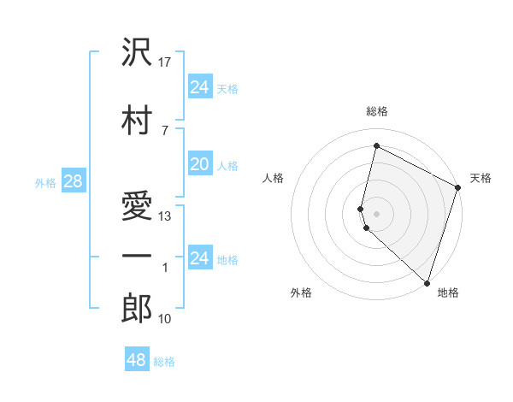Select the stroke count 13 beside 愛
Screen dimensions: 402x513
(166, 216)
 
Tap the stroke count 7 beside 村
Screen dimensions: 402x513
(164, 130)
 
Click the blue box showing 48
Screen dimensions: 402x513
(136, 360)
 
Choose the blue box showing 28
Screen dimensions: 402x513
(73, 181)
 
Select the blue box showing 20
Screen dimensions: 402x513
(199, 164)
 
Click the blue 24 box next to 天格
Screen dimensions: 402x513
(199, 86)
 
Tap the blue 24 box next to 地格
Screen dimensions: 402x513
(199, 258)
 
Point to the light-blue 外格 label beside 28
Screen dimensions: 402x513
(45, 182)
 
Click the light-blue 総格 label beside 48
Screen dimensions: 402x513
(164, 362)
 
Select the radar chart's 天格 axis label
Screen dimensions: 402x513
(481, 178)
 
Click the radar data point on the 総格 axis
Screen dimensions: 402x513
(376, 146)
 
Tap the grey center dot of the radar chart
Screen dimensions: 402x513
(376, 212)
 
